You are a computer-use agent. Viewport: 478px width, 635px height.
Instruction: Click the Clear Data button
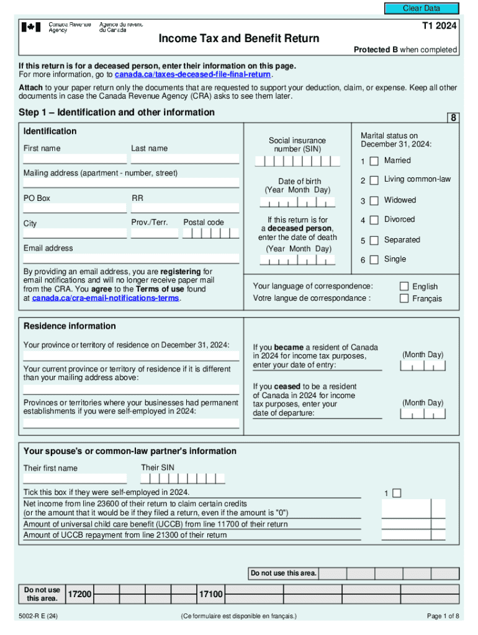pos(422,8)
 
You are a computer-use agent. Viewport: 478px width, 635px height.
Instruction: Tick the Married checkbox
pos(374,161)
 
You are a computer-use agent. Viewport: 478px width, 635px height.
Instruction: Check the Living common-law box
pos(374,180)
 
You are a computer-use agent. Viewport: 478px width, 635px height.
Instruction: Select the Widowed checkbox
pos(374,201)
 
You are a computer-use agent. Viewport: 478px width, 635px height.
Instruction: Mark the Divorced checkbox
pos(374,220)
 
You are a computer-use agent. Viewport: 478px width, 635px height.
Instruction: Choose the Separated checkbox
pos(374,241)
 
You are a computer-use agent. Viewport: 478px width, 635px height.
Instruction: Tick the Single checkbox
pos(374,260)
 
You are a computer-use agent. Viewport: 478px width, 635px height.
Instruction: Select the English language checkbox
pos(404,286)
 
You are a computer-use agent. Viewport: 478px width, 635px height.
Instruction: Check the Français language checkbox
pos(404,299)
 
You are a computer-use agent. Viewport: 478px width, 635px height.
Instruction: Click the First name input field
pos(75,159)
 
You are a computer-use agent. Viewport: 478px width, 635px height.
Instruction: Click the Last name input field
pos(184,159)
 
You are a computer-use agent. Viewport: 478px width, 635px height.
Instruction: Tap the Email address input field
pos(131,259)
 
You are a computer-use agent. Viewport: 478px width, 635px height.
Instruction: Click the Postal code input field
pos(211,234)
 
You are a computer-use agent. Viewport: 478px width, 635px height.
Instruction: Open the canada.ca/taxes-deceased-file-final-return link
pos(193,74)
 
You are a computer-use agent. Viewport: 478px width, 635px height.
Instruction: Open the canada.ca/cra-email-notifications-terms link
pos(106,298)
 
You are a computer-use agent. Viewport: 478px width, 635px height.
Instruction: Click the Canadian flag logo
pos(31,27)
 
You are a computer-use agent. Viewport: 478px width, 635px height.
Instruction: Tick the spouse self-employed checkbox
pos(397,493)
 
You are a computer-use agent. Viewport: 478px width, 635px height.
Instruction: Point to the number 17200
pos(79,595)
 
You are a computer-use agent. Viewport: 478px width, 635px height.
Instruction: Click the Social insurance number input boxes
pos(298,161)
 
